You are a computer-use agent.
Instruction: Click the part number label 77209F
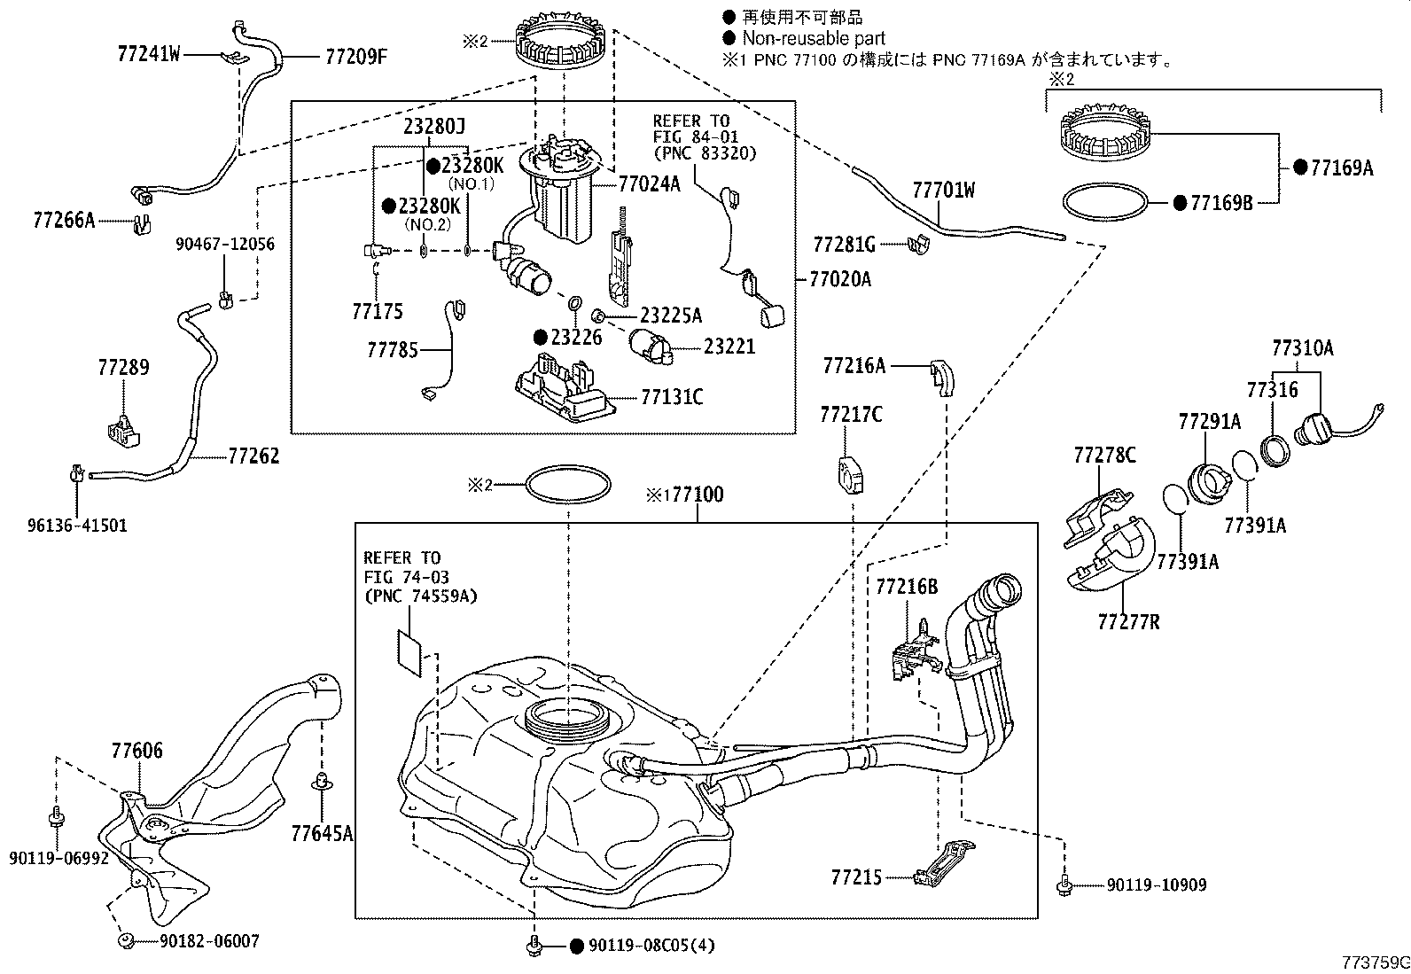pyautogui.click(x=356, y=57)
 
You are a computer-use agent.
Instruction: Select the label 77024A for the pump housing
pyautogui.click(x=649, y=184)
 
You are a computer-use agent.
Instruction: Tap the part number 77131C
pyautogui.click(x=672, y=397)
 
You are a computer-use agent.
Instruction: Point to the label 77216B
pyautogui.click(x=906, y=586)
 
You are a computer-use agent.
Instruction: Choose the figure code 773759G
pyautogui.click(x=1373, y=962)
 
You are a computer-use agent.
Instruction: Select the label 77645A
pyautogui.click(x=322, y=832)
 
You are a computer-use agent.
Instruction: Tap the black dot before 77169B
pyautogui.click(x=1179, y=203)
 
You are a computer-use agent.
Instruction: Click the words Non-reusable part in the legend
pyautogui.click(x=813, y=38)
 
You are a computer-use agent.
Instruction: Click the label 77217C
pyautogui.click(x=850, y=414)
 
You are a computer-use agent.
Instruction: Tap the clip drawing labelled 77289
pyautogui.click(x=124, y=428)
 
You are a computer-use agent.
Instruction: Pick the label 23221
pyautogui.click(x=729, y=347)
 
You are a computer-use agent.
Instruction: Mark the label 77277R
pyautogui.click(x=1128, y=622)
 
